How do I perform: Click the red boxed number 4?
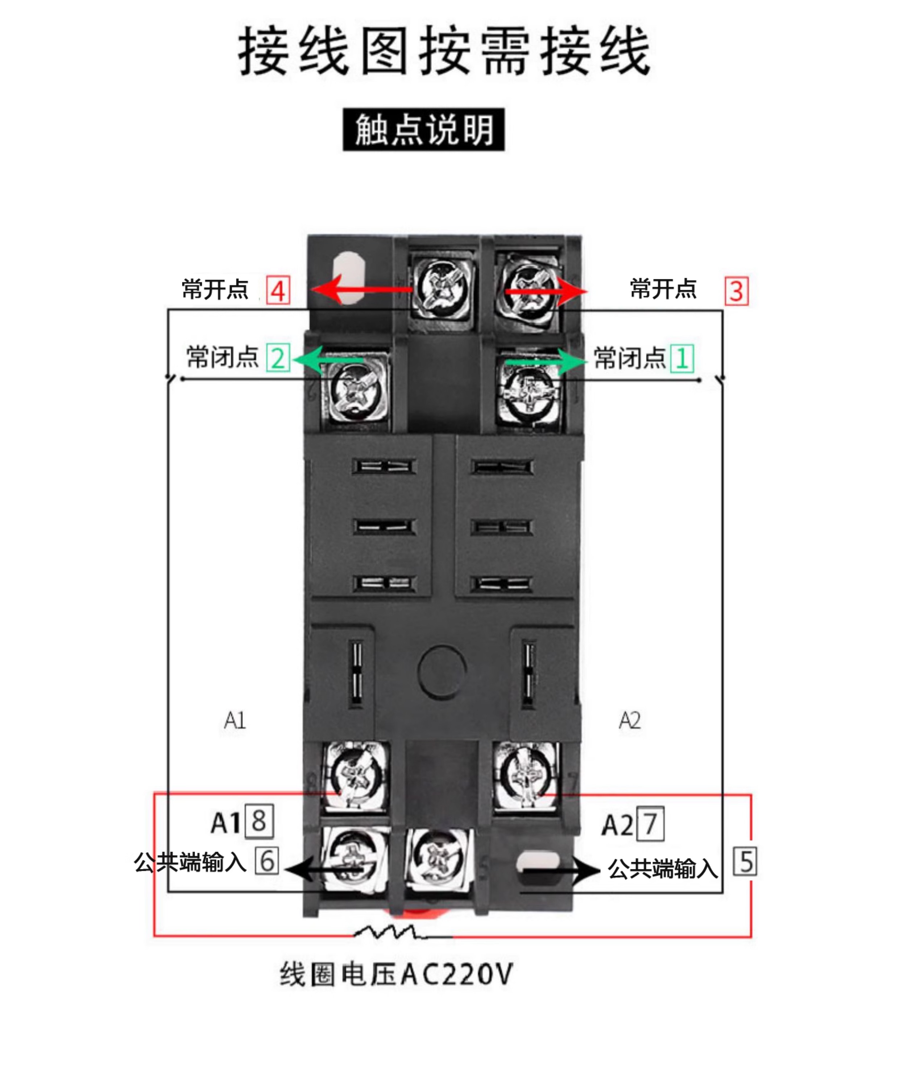[278, 290]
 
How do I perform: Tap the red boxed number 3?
[736, 291]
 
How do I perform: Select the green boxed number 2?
[278, 358]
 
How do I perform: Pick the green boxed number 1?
[681, 358]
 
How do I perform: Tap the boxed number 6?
[267, 861]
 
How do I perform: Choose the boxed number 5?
[745, 861]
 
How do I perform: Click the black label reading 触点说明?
[424, 129]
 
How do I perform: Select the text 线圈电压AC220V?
[396, 975]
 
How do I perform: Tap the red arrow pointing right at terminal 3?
[546, 291]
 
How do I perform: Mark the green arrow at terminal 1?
[546, 361]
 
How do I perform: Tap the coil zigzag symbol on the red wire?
[391, 933]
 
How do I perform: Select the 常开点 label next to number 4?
[215, 289]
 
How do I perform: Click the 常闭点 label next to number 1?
[629, 358]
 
